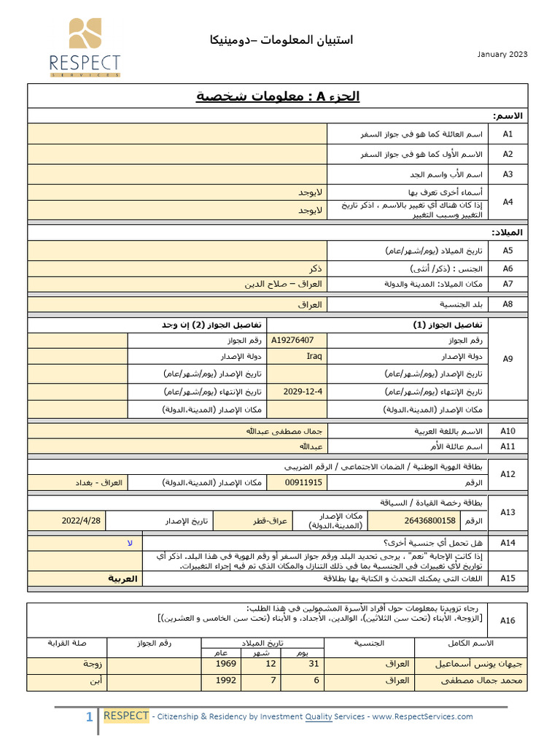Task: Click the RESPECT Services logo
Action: (85, 47)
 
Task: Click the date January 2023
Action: (502, 55)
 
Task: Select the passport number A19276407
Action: (292, 340)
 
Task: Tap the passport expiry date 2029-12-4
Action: (303, 392)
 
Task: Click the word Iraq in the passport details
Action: (314, 357)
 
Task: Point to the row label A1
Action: (507, 134)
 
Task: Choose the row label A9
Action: (507, 358)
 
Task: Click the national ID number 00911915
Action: (303, 483)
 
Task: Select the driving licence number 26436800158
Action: (430, 521)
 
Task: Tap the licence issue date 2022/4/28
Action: (82, 521)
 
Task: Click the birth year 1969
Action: (226, 665)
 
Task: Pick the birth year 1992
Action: (226, 681)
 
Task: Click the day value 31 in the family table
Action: (314, 665)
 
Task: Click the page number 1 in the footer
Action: (90, 717)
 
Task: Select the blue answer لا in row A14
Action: (130, 543)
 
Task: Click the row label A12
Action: (507, 474)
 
